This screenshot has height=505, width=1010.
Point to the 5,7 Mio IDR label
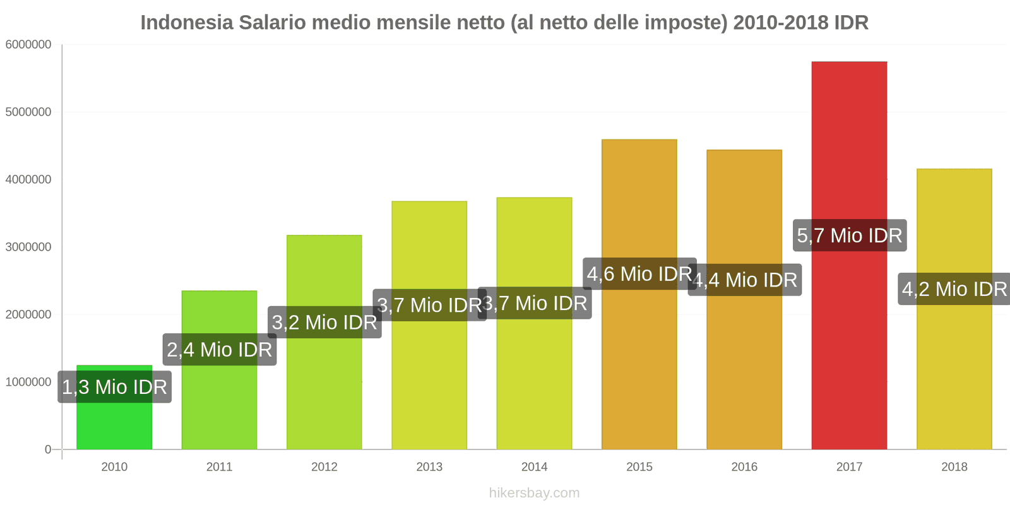tap(850, 235)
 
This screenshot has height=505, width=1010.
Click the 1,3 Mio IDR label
tap(114, 386)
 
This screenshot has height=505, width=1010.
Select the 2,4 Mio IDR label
tap(219, 349)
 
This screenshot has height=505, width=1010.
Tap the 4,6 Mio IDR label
tap(639, 274)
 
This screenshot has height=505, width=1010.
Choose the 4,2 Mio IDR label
tap(954, 289)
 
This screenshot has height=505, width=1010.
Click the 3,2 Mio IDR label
tap(324, 322)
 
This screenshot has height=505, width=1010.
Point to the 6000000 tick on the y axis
tap(28, 45)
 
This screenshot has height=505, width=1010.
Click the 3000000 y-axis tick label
tap(28, 247)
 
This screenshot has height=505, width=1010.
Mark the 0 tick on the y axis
tap(48, 449)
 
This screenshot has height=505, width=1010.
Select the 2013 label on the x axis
tap(429, 466)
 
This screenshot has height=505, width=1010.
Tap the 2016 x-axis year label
tap(744, 466)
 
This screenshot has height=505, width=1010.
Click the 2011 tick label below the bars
tap(219, 466)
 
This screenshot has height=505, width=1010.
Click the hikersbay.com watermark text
tap(534, 493)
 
